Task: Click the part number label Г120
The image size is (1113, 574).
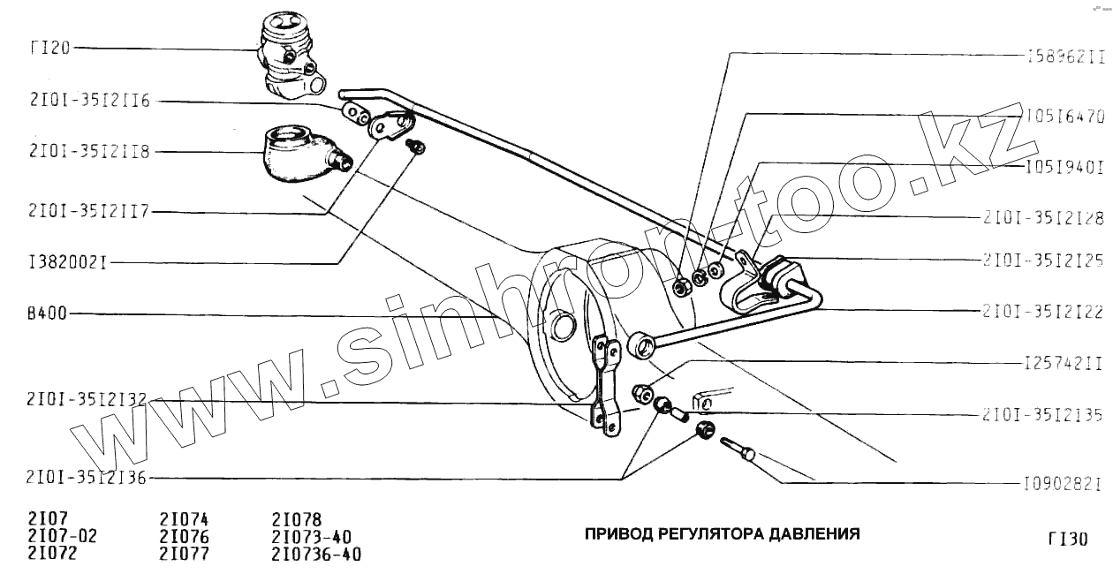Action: pos(49,48)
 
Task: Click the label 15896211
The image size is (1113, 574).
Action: pos(1066,56)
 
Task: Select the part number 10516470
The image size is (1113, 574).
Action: pos(1065,116)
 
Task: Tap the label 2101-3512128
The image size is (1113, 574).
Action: pos(1043,216)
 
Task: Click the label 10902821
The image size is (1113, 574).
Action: pos(1063,484)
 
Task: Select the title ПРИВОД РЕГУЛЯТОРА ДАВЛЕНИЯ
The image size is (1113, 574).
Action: pos(722,534)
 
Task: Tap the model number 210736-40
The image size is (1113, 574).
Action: pos(317,555)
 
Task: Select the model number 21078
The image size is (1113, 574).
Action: pos(297,519)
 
